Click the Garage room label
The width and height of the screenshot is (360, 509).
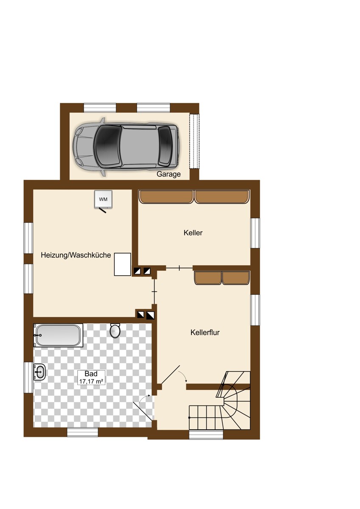tap(169, 174)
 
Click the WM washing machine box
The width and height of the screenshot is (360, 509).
tap(103, 199)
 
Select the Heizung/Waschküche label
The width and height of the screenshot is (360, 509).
tap(76, 255)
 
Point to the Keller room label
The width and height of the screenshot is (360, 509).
tap(193, 233)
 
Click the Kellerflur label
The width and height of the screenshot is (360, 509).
tap(205, 333)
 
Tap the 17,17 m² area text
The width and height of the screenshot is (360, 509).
tap(91, 381)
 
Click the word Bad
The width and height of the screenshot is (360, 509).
tap(91, 374)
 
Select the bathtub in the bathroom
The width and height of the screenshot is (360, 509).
tap(59, 336)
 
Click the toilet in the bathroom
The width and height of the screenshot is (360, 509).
tap(115, 330)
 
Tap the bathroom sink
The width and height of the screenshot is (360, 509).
tap(39, 372)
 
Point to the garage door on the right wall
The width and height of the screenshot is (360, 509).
tap(194, 141)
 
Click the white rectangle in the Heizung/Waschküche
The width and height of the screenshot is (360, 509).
tap(122, 264)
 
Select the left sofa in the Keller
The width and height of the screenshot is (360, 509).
tap(166, 197)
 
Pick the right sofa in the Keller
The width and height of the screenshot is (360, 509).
tap(222, 197)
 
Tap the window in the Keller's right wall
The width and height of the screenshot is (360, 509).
tap(255, 233)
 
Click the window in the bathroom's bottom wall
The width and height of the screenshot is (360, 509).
tap(82, 432)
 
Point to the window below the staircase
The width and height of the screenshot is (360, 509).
tap(206, 435)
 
